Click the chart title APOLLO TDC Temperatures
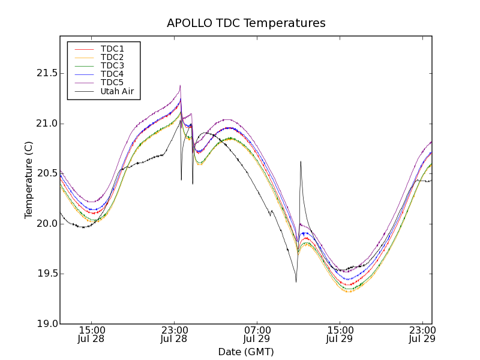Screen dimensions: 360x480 [246, 23]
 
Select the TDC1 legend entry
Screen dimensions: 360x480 [112, 49]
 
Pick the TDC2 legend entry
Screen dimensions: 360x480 [112, 57]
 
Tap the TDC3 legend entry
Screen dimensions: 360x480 [112, 65]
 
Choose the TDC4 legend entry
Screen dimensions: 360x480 [112, 74]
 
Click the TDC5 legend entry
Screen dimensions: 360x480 [112, 83]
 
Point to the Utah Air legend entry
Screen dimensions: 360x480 [117, 92]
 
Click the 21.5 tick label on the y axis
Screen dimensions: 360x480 [45, 73]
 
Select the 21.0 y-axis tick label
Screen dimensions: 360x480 [45, 124]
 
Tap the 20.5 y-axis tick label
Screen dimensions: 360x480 [45, 173]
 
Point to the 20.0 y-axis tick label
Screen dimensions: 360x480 [45, 224]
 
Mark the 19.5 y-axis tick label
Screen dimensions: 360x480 [45, 274]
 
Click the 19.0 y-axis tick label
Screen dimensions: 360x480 [45, 324]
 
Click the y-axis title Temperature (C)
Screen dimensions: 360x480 [28, 180]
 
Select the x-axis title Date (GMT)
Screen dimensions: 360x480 [246, 352]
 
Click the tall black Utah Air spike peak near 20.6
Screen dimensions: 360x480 [301, 161]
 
